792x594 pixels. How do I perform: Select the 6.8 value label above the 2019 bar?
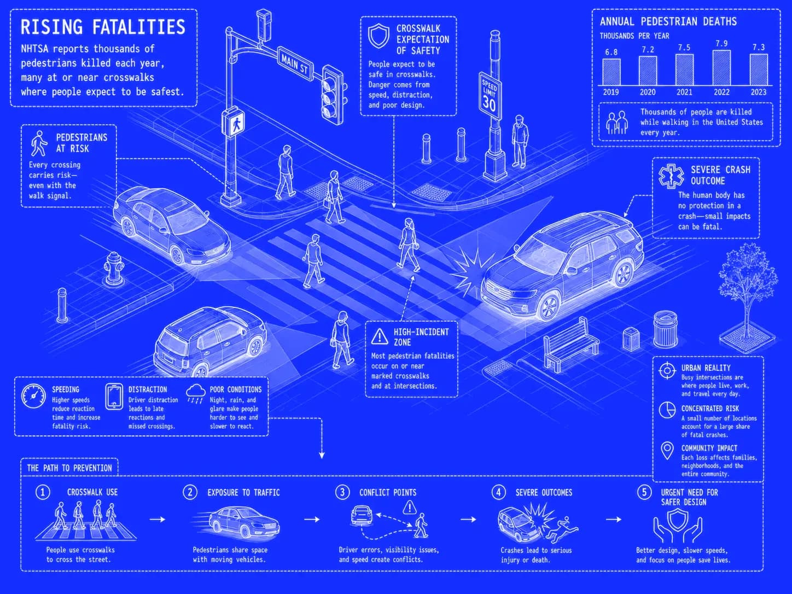click(611, 52)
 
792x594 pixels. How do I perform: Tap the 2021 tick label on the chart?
click(684, 92)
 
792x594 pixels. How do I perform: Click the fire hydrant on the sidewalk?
click(114, 269)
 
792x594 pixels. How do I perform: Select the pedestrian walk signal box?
click(233, 122)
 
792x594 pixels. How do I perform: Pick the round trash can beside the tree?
click(666, 328)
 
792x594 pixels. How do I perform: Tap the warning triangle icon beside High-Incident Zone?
click(379, 336)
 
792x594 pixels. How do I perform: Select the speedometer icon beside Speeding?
click(33, 396)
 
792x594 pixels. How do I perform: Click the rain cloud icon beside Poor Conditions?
click(195, 393)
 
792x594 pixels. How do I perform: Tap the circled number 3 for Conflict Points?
click(342, 492)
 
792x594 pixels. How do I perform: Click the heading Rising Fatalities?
click(103, 27)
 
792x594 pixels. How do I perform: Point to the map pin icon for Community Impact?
click(667, 451)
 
